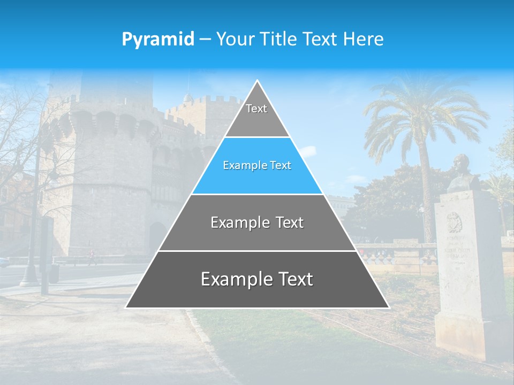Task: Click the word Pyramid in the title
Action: (157, 40)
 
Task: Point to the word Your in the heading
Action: (235, 40)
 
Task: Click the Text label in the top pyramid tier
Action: (256, 109)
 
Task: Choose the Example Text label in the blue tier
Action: (257, 165)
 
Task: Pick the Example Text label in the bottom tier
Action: (257, 279)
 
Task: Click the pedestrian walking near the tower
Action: (93, 258)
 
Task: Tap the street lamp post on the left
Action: (32, 235)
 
